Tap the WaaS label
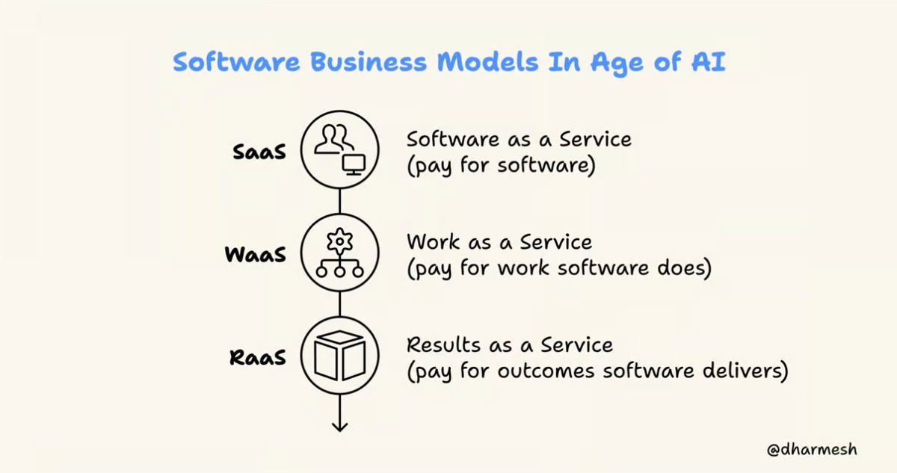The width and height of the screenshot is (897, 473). (256, 254)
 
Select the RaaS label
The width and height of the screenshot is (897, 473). (256, 356)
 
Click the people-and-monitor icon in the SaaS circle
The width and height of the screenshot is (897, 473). (339, 149)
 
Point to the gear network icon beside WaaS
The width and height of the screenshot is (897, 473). (339, 253)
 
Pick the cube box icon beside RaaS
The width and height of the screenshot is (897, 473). (339, 355)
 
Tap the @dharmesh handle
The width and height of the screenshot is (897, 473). (811, 450)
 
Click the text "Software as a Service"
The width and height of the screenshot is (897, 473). (519, 140)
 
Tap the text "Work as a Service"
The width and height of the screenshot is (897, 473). (499, 242)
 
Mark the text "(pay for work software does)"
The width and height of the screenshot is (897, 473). (558, 268)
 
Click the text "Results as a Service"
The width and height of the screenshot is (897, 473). (509, 344)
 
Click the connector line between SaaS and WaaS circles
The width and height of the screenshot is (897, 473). (340, 200)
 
